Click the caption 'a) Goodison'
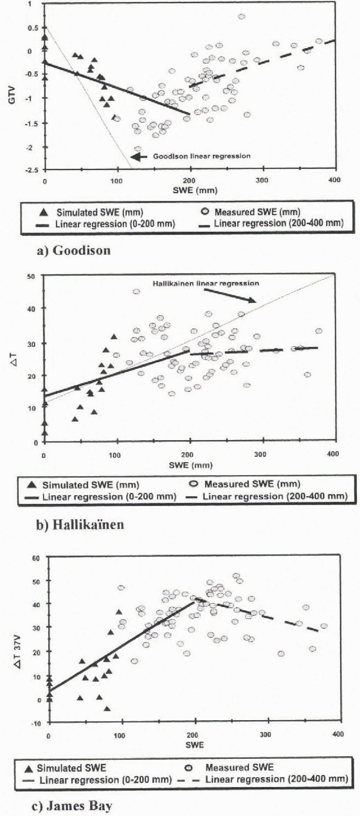pyautogui.click(x=74, y=250)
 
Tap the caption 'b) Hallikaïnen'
pyautogui.click(x=80, y=524)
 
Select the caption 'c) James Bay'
pyautogui.click(x=72, y=806)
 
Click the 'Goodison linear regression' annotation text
pyautogui.click(x=202, y=156)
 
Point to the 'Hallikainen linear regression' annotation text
pyautogui.click(x=206, y=284)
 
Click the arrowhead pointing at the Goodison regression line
pyautogui.click(x=135, y=157)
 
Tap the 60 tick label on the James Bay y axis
pyautogui.click(x=36, y=558)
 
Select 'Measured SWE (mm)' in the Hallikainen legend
pyautogui.click(x=252, y=484)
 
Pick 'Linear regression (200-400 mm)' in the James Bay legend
pyautogui.click(x=276, y=779)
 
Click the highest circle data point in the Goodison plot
pyautogui.click(x=241, y=17)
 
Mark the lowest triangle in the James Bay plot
pyautogui.click(x=107, y=709)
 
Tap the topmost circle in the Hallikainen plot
pyautogui.click(x=136, y=292)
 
